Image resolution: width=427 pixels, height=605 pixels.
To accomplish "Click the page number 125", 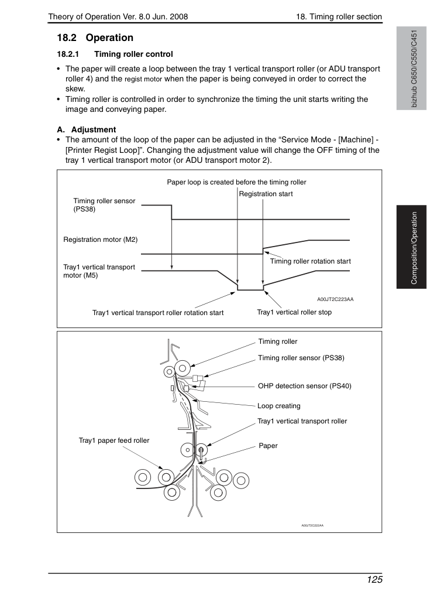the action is [374, 580].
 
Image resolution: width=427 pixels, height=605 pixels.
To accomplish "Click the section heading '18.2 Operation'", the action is [95, 38].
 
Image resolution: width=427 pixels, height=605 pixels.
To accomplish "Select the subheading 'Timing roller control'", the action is [133, 54].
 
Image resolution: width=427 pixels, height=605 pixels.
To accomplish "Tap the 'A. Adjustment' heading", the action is [87, 129].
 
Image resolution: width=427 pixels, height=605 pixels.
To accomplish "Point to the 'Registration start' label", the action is [266, 194].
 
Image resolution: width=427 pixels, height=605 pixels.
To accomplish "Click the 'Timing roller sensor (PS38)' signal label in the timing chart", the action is [104, 205].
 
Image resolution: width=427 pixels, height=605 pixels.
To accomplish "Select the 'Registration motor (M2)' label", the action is [100, 240].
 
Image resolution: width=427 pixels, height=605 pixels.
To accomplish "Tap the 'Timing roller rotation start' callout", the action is [310, 261].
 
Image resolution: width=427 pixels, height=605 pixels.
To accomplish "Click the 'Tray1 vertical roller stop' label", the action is [294, 312].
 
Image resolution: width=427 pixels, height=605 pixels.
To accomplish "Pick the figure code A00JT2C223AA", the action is [335, 299].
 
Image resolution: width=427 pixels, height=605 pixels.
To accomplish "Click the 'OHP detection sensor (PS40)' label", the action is [304, 386].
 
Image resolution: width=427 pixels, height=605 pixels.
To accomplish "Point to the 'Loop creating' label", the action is [278, 406].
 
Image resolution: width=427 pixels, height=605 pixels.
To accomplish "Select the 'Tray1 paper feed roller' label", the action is [113, 440].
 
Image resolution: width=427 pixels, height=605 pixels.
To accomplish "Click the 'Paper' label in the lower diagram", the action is [268, 446].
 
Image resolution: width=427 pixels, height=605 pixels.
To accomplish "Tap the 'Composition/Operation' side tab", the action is [414, 248].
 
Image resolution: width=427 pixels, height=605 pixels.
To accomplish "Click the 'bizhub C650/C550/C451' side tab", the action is [414, 69].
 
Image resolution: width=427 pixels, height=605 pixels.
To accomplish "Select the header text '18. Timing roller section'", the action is [339, 16].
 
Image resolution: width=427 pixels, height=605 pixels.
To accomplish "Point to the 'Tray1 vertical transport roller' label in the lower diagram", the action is [302, 421].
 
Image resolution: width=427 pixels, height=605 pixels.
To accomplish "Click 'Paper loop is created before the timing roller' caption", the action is [236, 182].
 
